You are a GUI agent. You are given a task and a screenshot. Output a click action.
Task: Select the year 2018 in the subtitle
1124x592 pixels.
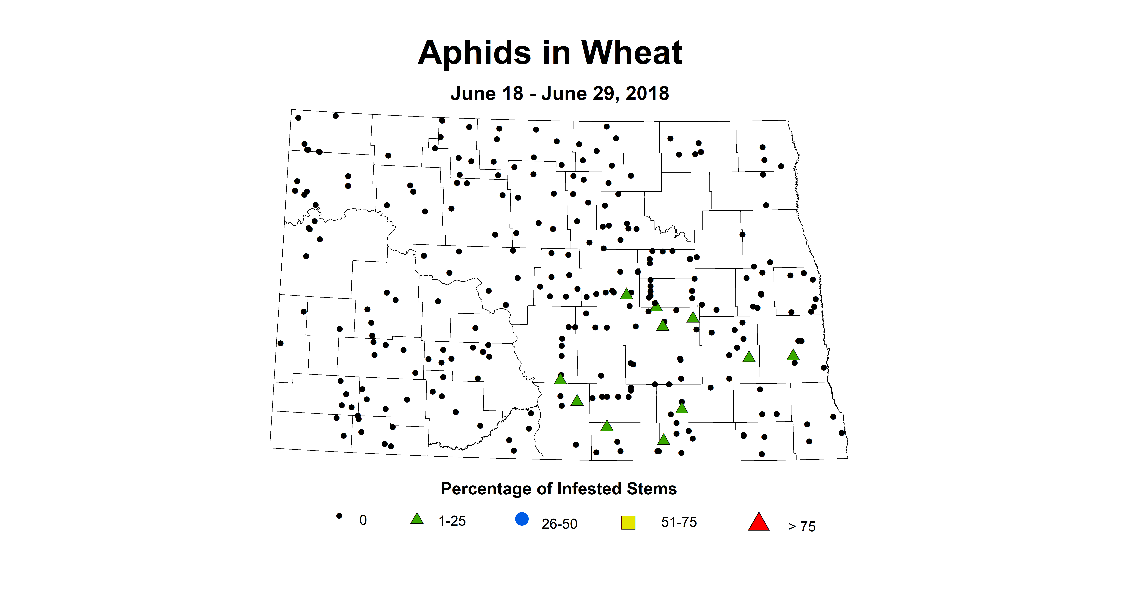(647, 93)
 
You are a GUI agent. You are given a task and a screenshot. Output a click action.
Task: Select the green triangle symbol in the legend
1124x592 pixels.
(417, 519)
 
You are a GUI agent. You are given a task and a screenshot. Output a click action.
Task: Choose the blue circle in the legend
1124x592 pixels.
(522, 519)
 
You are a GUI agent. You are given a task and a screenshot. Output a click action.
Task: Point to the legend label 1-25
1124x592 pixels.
(452, 521)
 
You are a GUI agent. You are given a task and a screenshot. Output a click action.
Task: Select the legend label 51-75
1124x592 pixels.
(679, 522)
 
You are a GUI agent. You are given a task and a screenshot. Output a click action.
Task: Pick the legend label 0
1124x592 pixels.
(363, 520)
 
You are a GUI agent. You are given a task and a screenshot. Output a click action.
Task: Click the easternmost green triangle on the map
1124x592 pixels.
(793, 355)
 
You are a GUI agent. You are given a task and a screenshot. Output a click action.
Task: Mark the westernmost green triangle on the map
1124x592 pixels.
(560, 379)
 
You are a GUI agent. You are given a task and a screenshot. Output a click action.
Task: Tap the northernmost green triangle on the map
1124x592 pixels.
(626, 294)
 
